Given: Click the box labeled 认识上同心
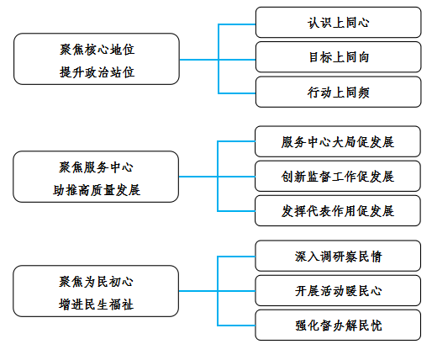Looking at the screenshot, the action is coord(338,23).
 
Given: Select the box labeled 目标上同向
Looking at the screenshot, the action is coord(338,57).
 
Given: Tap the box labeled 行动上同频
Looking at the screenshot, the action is coord(338,92).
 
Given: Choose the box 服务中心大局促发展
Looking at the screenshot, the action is coord(338,141).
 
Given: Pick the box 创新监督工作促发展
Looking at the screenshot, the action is coord(338,176).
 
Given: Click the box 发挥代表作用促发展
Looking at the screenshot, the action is coord(338,211).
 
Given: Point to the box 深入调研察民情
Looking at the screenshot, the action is coord(338,256).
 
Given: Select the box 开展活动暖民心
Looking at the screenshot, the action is coord(338,290).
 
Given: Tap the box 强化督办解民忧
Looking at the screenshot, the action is coord(338,326).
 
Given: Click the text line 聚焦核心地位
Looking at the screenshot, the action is coord(97,50).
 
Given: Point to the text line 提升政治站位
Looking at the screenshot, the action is coord(97,72).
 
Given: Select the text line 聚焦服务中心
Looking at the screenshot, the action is coord(96,167).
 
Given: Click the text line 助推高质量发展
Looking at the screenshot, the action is coord(97,190).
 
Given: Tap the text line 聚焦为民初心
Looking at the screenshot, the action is coord(96,282).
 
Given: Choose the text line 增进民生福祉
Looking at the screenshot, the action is coord(96,304).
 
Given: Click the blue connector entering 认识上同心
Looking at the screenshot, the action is coord(237,24).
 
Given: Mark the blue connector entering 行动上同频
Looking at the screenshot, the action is coord(237,93).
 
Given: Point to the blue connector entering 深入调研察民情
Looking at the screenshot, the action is coord(236,257).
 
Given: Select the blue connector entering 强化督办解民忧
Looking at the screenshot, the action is coord(236,326).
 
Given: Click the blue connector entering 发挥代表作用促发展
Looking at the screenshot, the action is coord(236,211).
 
